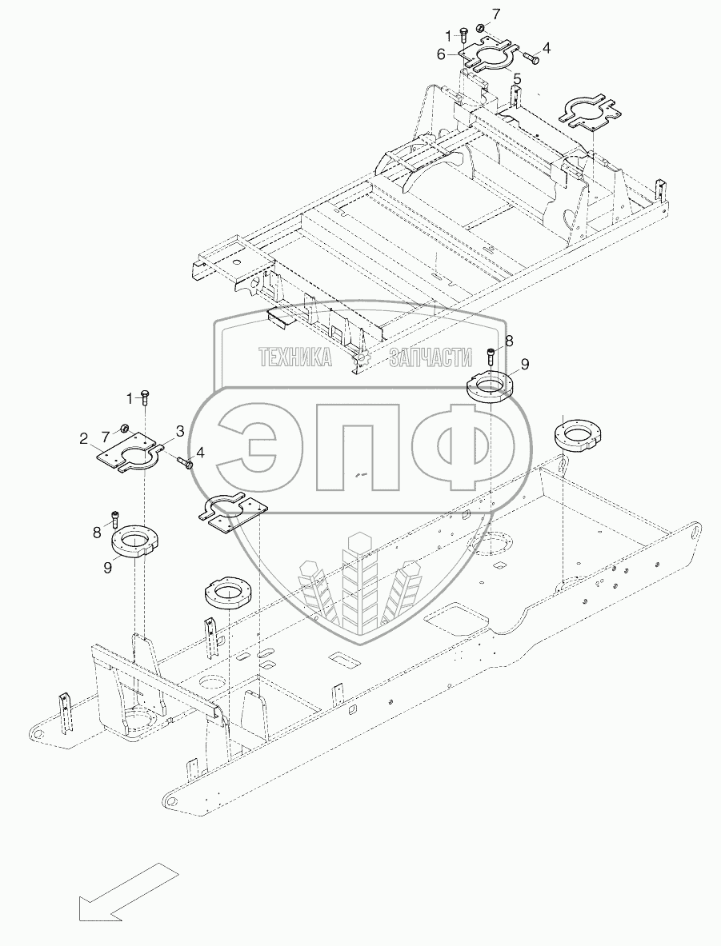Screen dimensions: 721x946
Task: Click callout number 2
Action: (x=83, y=437)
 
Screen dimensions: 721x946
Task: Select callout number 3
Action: (x=181, y=431)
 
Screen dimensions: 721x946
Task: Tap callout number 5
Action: (x=517, y=78)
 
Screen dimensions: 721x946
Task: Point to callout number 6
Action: (x=441, y=54)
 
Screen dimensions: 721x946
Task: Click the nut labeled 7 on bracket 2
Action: (x=126, y=427)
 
